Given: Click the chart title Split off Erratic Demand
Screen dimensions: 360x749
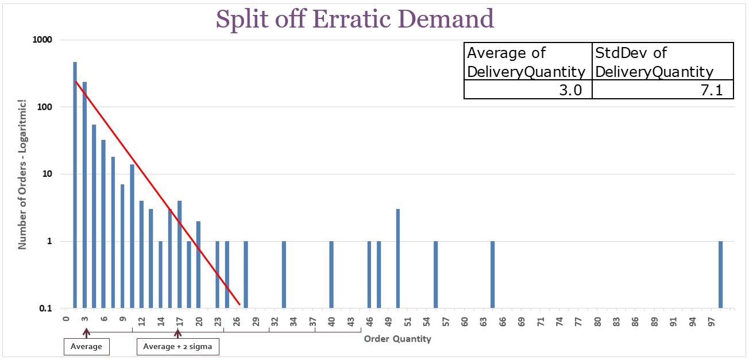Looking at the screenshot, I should pos(354,19).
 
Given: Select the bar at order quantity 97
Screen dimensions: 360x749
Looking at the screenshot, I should pos(721,274).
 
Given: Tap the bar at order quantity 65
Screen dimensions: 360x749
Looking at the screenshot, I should pos(492,274).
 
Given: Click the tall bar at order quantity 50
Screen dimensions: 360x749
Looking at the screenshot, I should pos(397,258).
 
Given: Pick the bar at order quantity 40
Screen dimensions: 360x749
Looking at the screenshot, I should pos(331,274).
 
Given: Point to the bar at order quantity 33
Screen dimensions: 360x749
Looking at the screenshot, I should pos(284,274).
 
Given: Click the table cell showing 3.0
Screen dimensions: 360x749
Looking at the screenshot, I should pos(527,90).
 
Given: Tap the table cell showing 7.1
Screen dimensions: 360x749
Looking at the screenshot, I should pos(662,90).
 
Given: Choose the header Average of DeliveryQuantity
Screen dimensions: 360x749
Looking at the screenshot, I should pos(527,61).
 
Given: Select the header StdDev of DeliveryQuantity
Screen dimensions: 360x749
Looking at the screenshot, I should pos(662,61).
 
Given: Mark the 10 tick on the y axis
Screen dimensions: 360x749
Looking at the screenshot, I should pos(48,174).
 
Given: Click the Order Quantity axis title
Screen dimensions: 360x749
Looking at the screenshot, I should pos(397,339).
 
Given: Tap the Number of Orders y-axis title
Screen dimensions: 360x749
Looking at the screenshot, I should pos(23,174).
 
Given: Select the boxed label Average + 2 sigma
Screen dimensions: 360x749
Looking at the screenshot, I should pos(177,347).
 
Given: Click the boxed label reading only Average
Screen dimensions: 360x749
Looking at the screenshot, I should pos(86,347).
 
